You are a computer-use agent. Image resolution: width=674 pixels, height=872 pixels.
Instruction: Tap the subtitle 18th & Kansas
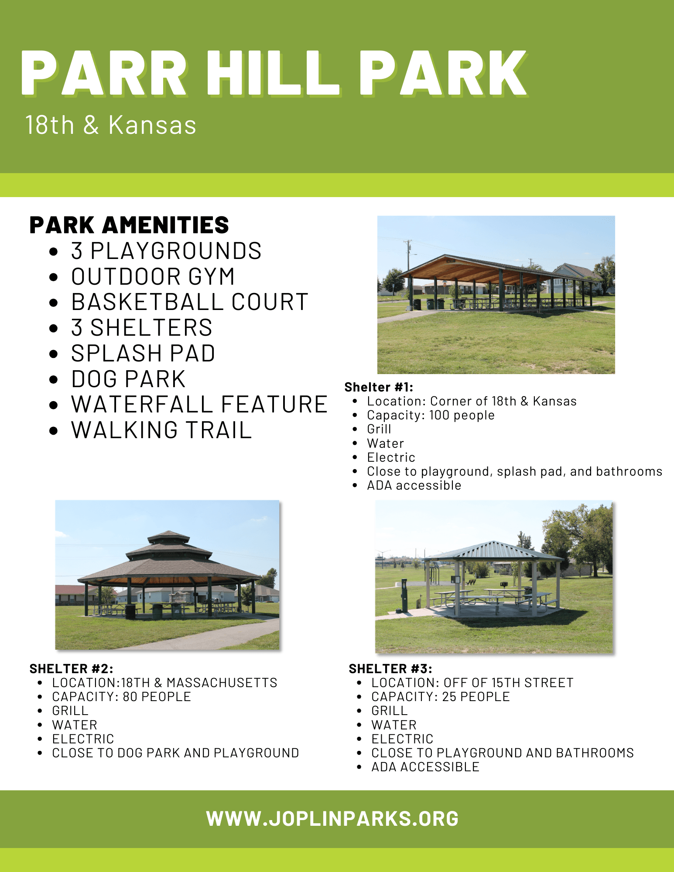[111, 125]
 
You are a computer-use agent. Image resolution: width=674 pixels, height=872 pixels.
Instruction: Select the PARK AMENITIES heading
[129, 225]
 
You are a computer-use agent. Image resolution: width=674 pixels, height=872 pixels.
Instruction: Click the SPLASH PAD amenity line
[143, 353]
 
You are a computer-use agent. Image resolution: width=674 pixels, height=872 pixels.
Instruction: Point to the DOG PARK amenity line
[128, 379]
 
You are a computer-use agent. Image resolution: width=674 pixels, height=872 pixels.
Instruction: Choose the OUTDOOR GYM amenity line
[153, 276]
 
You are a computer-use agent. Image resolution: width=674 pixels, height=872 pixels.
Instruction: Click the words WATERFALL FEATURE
[199, 404]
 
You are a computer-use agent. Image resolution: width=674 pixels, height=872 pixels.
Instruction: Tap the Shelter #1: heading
[378, 387]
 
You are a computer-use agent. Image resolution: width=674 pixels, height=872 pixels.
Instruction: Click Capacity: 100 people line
[431, 415]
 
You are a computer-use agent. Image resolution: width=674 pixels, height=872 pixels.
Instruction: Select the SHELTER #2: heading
[71, 668]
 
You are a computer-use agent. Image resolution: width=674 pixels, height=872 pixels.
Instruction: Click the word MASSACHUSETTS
[222, 683]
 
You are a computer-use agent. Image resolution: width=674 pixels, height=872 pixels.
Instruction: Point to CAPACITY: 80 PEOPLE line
[121, 697]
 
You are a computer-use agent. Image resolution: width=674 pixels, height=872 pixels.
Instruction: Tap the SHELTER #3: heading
[390, 668]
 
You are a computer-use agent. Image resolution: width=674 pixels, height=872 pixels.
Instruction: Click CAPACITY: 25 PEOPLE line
[440, 697]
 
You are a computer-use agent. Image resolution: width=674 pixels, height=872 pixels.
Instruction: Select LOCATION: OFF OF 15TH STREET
[472, 683]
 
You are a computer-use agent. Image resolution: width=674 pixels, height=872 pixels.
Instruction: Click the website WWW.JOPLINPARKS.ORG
[332, 818]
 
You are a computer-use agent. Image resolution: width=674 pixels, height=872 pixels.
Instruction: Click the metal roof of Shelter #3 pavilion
[493, 550]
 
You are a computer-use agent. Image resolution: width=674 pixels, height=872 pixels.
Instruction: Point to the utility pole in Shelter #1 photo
[408, 257]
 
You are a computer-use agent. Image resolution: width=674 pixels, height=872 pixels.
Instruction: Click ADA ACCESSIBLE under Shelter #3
[425, 767]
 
